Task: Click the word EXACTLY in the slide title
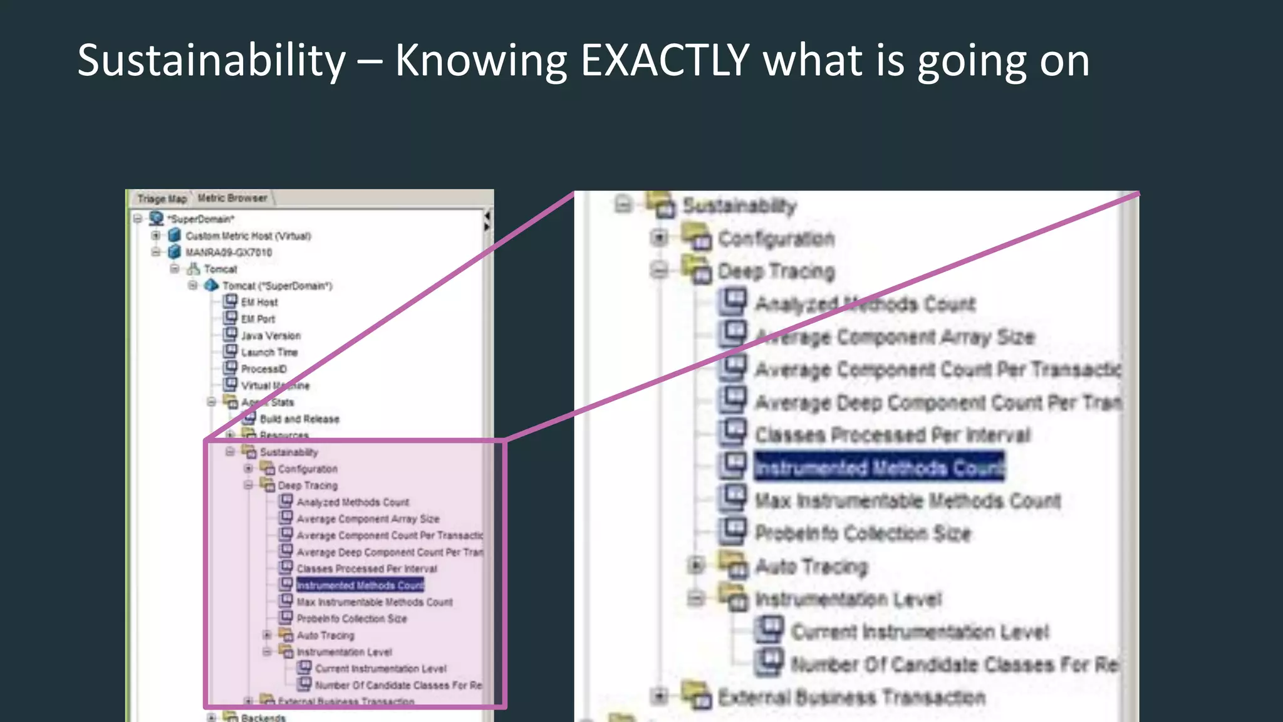point(665,61)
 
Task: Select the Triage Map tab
point(162,199)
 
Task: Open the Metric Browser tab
point(232,198)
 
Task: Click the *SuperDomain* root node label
point(201,219)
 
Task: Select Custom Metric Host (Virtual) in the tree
point(248,236)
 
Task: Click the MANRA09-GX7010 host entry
point(229,253)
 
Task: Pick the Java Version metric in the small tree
point(271,336)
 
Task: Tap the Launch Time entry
point(269,352)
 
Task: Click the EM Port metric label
point(258,319)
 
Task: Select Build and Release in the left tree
point(299,419)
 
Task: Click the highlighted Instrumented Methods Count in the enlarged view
point(879,468)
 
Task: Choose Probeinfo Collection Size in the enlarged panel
point(863,533)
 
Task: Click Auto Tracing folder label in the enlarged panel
point(811,567)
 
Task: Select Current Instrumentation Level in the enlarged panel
point(920,632)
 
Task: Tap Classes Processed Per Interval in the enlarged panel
point(892,435)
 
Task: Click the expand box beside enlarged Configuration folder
point(659,238)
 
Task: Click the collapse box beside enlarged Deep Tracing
point(659,270)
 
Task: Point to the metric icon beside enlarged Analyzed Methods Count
point(733,301)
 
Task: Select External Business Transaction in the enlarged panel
point(851,697)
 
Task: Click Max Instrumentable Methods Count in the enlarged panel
point(908,501)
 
